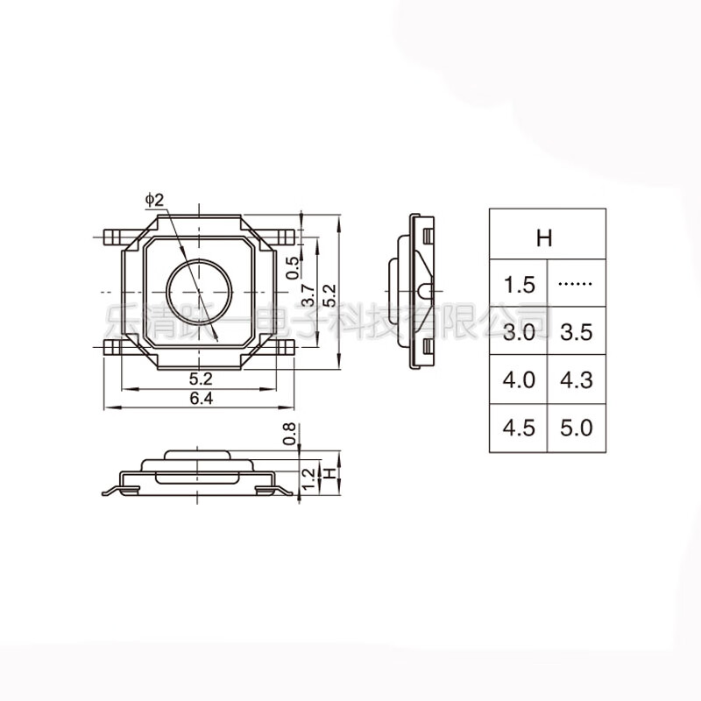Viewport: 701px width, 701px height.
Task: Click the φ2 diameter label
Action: (154, 201)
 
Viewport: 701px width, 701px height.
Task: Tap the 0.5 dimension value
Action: (294, 266)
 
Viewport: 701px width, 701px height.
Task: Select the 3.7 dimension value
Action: (308, 295)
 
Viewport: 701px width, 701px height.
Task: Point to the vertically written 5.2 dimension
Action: (329, 295)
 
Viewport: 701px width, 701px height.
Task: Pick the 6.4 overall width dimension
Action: (201, 399)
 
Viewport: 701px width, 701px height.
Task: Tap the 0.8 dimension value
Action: (291, 434)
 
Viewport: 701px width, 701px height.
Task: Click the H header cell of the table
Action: (547, 235)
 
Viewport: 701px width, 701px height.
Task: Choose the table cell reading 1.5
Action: (518, 284)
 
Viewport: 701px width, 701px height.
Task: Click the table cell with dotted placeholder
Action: (576, 284)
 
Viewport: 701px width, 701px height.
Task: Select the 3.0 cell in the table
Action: (518, 332)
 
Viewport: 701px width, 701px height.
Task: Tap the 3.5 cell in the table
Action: (576, 332)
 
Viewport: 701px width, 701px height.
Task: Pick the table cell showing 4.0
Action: (518, 380)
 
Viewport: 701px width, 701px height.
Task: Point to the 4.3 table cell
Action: (576, 380)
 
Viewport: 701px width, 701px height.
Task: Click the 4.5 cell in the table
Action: (518, 428)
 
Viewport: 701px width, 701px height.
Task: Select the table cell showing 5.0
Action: (576, 428)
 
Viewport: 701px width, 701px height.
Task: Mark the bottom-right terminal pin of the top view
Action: (285, 348)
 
